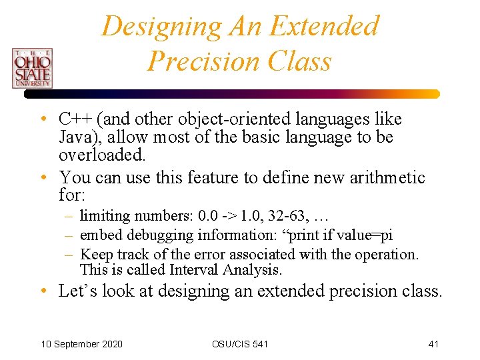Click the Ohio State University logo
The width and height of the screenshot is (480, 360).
(x=31, y=67)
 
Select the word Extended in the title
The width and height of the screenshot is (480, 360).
(x=325, y=27)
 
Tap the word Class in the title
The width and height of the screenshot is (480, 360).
(x=298, y=61)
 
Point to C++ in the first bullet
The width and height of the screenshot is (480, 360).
(x=75, y=119)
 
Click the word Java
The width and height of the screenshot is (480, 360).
(x=75, y=138)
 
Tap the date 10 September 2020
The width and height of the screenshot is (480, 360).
(x=81, y=344)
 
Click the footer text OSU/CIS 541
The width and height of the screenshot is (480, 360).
(x=240, y=344)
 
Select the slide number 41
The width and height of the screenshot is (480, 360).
(x=433, y=344)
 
